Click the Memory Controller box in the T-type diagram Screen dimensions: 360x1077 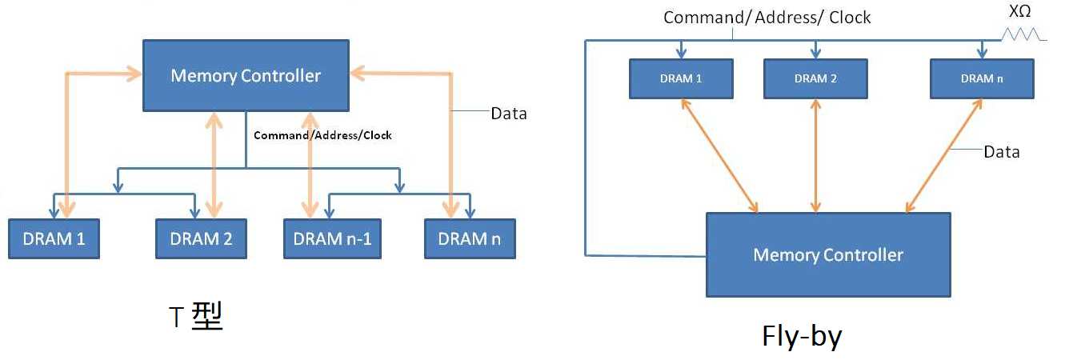pyautogui.click(x=245, y=76)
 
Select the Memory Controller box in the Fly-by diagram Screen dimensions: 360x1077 pyautogui.click(x=827, y=254)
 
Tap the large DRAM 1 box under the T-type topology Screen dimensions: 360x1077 pyautogui.click(x=54, y=238)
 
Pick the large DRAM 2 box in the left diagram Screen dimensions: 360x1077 pyautogui.click(x=201, y=238)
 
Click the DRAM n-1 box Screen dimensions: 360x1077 pyautogui.click(x=332, y=238)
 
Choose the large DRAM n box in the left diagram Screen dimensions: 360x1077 pyautogui.click(x=470, y=238)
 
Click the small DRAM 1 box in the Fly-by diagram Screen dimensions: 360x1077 pyautogui.click(x=681, y=78)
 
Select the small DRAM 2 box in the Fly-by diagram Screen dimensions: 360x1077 pyautogui.click(x=815, y=78)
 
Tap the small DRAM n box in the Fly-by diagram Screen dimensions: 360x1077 pyautogui.click(x=982, y=78)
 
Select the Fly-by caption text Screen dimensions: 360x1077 pyautogui.click(x=802, y=337)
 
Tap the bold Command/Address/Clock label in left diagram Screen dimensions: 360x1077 pyautogui.click(x=322, y=135)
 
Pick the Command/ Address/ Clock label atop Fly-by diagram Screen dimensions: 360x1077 pyautogui.click(x=767, y=17)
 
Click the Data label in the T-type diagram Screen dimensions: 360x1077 pyautogui.click(x=509, y=114)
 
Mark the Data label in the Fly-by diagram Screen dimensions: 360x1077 pyautogui.click(x=1001, y=151)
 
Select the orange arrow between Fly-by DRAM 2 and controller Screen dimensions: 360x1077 pyautogui.click(x=815, y=156)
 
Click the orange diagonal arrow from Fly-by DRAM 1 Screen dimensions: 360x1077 pyautogui.click(x=719, y=156)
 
